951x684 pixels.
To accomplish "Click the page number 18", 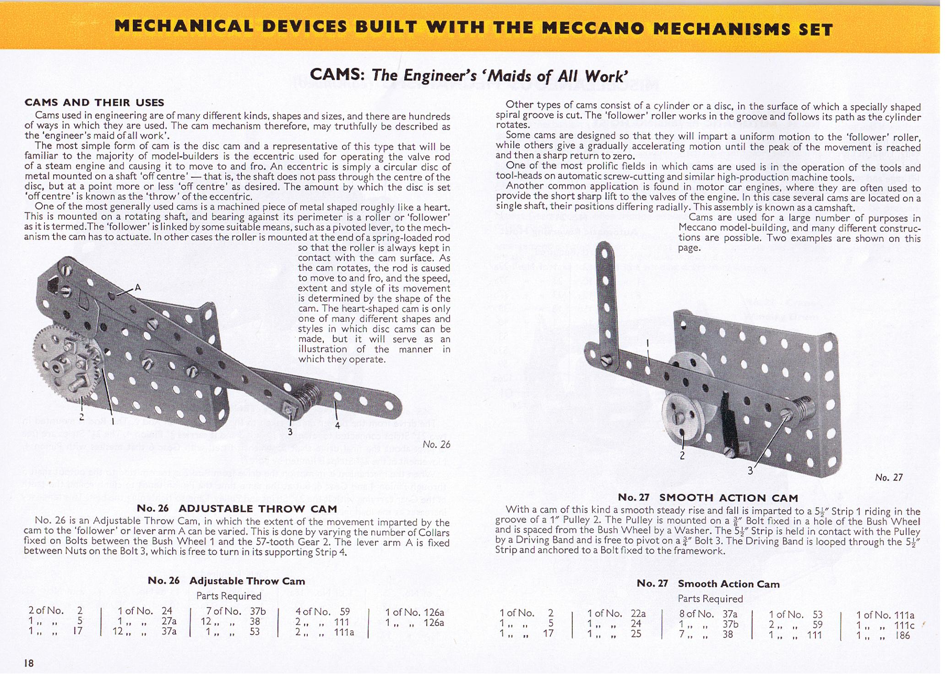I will point(29,662).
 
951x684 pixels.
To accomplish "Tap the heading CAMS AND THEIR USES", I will point(94,103).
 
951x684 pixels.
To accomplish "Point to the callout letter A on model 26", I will point(137,288).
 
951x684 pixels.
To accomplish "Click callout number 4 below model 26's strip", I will point(337,425).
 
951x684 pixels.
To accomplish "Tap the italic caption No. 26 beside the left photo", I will point(436,444).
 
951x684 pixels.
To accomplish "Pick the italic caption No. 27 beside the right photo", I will point(889,478).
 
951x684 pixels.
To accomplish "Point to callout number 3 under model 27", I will point(750,470).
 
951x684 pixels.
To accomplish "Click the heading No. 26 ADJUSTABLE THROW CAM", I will point(237,509).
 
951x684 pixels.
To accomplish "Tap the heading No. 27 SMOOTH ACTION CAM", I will point(708,498).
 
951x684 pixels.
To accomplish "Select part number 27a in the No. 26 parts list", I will point(169,621).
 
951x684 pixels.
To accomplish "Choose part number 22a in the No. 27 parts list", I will point(638,613).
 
